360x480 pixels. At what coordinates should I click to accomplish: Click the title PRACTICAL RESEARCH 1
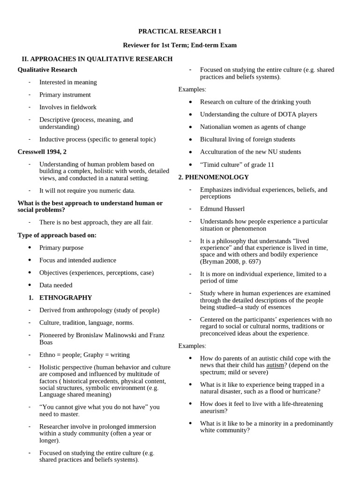coord(180,31)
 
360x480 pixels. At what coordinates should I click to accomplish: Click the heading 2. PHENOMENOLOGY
coord(214,177)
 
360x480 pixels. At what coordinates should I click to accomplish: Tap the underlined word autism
coord(275,365)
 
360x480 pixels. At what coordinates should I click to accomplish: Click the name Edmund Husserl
coord(222,209)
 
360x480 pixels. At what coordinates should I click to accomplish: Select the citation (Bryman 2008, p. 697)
coord(230,262)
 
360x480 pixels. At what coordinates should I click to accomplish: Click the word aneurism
coord(214,411)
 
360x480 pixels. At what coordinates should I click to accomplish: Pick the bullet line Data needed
coord(56,285)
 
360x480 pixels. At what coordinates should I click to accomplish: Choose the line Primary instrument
coord(65,95)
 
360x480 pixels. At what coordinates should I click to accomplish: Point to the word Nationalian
coord(218,127)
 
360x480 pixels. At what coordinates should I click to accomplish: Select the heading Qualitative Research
coord(47,70)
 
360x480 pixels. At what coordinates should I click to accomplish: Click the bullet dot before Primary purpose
coord(30,247)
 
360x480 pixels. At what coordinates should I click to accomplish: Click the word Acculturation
coord(219,152)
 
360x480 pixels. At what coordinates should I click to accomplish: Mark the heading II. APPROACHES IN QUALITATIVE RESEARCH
coord(97,59)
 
